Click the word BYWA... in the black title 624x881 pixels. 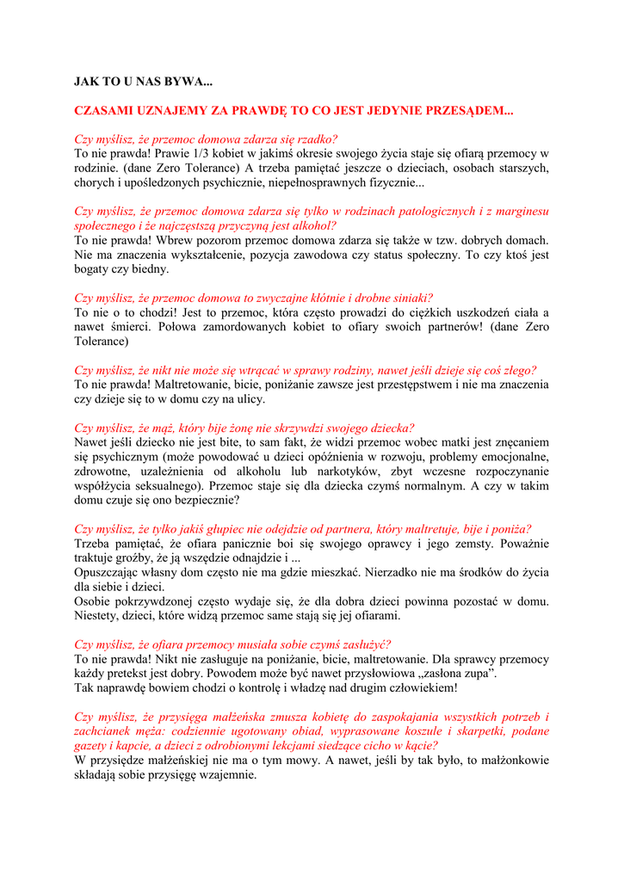coord(191,83)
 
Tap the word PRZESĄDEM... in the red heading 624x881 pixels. coord(462,111)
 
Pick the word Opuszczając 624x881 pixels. coord(108,573)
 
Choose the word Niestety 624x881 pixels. coord(95,617)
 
